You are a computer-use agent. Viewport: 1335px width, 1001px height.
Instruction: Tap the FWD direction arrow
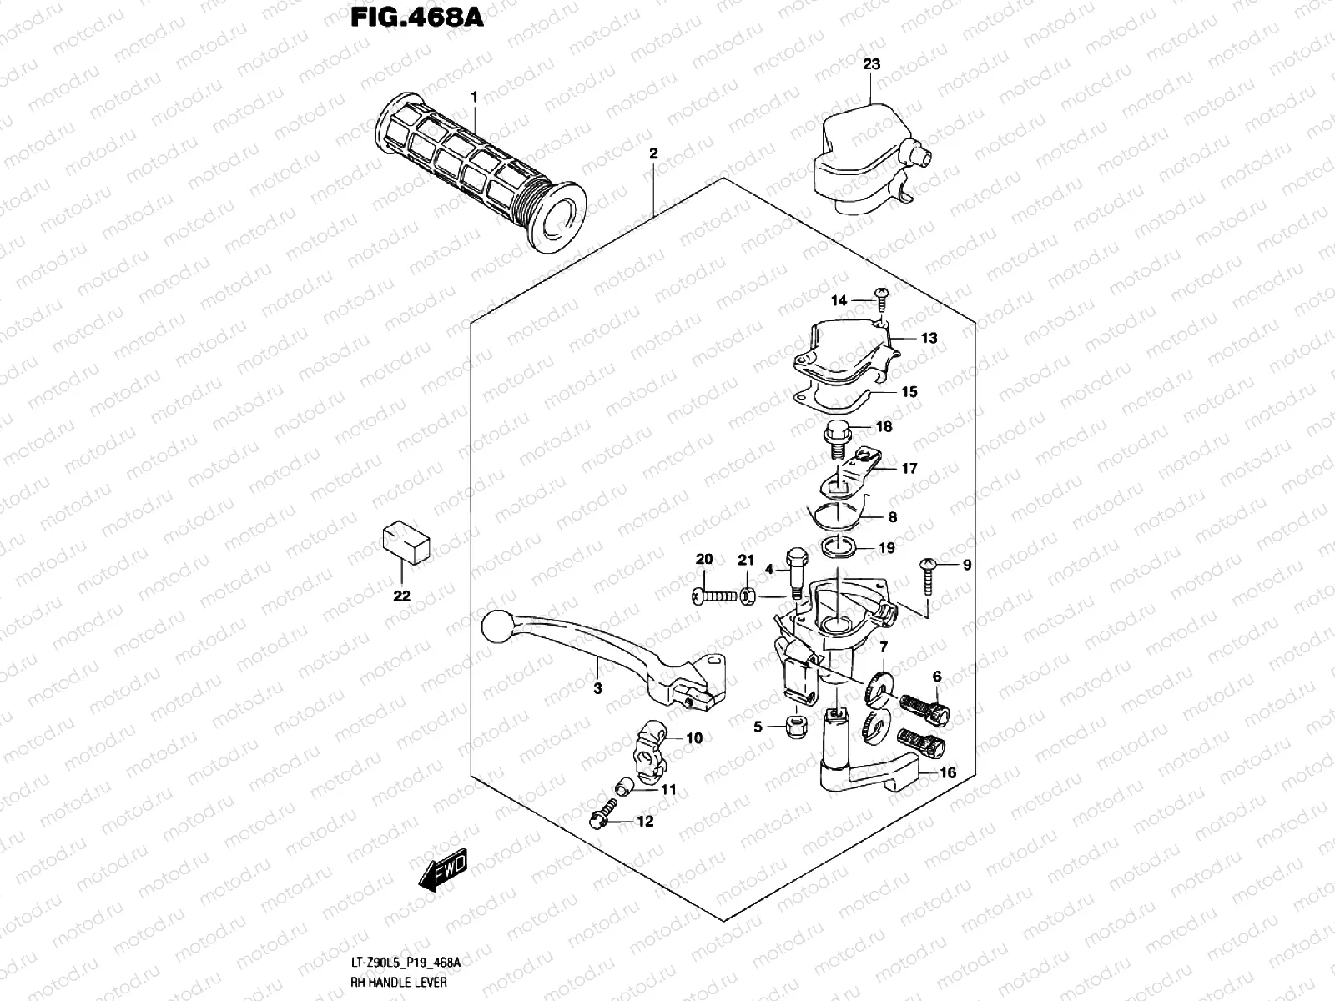pos(442,873)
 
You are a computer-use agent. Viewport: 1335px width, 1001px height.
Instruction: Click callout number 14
pos(839,300)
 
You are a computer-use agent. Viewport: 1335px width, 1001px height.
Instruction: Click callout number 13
pos(906,338)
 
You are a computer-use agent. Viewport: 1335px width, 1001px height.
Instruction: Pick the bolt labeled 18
pos(835,437)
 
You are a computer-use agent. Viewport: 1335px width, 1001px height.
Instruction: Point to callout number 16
pos(948,772)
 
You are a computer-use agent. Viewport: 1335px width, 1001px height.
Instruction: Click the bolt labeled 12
pos(602,815)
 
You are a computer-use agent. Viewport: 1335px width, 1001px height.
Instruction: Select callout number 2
pos(653,153)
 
